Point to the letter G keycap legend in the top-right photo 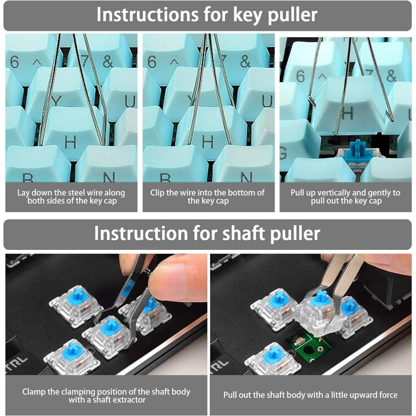(x=283, y=153)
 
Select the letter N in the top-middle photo (x=246, y=177)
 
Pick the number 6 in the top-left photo (x=15, y=62)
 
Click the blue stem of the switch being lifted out (x=322, y=297)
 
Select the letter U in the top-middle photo (x=267, y=101)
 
